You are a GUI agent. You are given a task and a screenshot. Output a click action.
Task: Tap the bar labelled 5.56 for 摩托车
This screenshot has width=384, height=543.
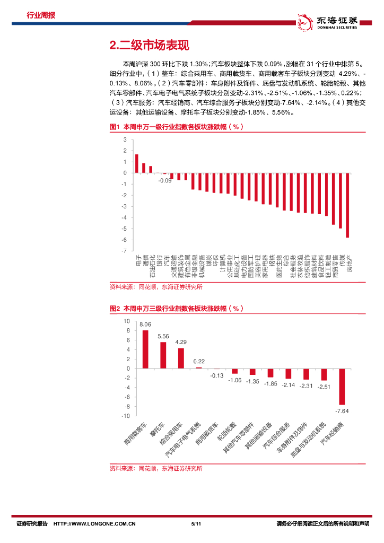pos(163,355)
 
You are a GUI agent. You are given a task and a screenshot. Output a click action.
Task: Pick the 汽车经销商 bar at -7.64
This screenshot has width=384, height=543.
pos(342,386)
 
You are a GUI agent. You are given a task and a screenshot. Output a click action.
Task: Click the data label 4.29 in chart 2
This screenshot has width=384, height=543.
pos(181,342)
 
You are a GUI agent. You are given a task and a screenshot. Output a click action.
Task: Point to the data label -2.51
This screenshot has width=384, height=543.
pos(324,387)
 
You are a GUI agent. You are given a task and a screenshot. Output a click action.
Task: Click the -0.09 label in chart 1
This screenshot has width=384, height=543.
pos(165,181)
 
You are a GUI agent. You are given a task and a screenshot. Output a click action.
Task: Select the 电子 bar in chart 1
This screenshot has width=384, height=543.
pos(136,163)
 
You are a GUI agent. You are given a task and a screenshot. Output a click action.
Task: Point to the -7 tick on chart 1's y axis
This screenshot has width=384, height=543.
pos(125,250)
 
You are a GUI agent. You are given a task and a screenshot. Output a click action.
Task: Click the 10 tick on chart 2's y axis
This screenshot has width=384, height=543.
pos(126,321)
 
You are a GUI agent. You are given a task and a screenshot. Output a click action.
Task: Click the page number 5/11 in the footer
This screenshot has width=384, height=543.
pos(195,524)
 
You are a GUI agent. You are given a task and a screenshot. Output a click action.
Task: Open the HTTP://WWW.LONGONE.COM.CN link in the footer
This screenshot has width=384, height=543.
pos(95,524)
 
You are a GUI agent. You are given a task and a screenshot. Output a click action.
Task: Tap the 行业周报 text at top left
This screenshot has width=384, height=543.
pos(41,15)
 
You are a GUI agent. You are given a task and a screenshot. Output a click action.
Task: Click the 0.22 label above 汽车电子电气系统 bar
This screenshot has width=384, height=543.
pos(199,361)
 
